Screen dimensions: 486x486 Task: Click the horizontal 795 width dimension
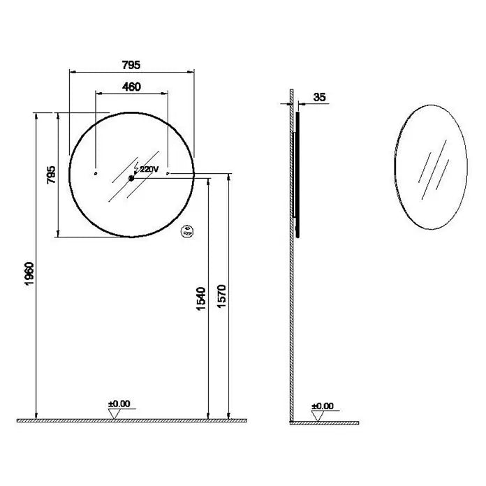[x=131, y=65]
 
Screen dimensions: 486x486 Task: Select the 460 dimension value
[x=131, y=87]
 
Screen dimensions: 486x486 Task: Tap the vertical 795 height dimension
[x=51, y=175]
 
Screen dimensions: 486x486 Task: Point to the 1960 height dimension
[x=29, y=274]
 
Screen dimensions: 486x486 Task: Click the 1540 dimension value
[x=201, y=299]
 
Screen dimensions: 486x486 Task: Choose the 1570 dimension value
[x=222, y=296]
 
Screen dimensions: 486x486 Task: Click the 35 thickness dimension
[x=320, y=97]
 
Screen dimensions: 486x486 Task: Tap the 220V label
[x=149, y=169]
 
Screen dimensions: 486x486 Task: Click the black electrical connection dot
[x=131, y=178]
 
